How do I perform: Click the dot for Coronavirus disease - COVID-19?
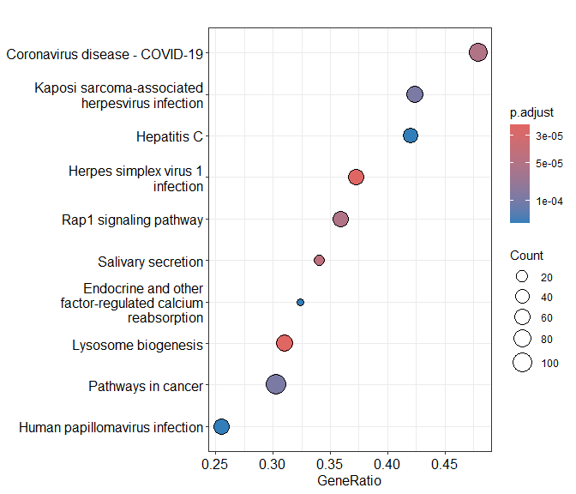(x=478, y=52)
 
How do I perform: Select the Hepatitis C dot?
(x=411, y=136)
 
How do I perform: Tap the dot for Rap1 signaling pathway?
(x=341, y=219)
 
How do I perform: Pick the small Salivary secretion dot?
(x=320, y=260)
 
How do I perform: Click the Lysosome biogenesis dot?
(x=285, y=343)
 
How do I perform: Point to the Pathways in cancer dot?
(x=276, y=384)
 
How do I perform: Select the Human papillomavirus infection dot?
(x=221, y=426)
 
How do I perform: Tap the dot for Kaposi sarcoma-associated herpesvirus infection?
(x=415, y=94)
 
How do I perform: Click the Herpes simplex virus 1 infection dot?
(x=357, y=177)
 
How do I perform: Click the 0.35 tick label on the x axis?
(x=330, y=464)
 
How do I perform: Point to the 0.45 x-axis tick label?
(x=446, y=464)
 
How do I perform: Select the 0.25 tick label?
(x=214, y=464)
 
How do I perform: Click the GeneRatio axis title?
(x=349, y=481)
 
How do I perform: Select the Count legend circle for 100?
(x=522, y=363)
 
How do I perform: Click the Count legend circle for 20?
(x=521, y=277)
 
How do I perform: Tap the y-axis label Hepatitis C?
(x=170, y=136)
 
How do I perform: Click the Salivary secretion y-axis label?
(x=150, y=262)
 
